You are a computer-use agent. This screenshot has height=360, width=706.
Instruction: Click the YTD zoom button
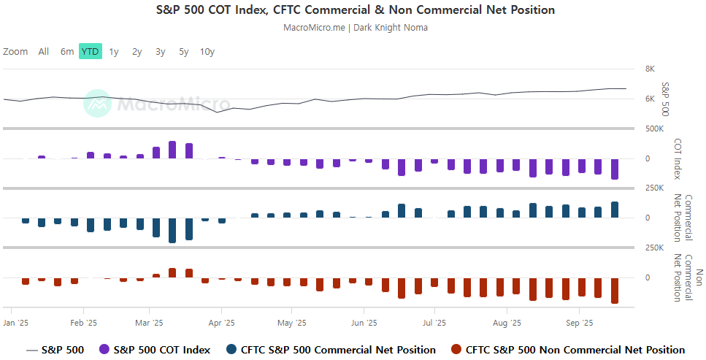[x=90, y=52]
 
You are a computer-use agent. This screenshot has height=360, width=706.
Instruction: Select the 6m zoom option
[x=67, y=52]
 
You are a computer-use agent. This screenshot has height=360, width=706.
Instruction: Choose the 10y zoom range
[x=207, y=52]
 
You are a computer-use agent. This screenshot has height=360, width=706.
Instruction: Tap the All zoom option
[x=44, y=52]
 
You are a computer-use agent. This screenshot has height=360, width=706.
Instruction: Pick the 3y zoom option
[x=161, y=52]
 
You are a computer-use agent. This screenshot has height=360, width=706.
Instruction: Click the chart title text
[x=356, y=10]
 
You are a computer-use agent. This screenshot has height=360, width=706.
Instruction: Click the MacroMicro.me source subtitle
[x=355, y=28]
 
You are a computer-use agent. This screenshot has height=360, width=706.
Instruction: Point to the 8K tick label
[x=650, y=69]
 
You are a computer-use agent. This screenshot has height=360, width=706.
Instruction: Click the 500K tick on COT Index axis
[x=653, y=129]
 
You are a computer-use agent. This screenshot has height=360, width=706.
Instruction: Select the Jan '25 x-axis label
[x=15, y=322]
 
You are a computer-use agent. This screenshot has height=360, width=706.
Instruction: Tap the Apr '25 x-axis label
[x=221, y=322]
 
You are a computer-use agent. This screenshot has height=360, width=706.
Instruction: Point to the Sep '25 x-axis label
[x=578, y=322]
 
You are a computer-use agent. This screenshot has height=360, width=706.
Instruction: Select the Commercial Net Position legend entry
[x=331, y=350]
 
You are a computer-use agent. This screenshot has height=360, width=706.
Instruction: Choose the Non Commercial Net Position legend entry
[x=568, y=350]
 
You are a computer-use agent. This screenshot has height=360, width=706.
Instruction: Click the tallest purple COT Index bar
[x=172, y=150]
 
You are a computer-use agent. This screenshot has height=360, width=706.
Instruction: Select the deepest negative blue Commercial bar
[x=172, y=230]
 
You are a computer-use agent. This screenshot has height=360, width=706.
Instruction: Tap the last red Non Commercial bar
[x=615, y=291]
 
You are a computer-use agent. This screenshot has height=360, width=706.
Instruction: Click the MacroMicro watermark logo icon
[x=97, y=104]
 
